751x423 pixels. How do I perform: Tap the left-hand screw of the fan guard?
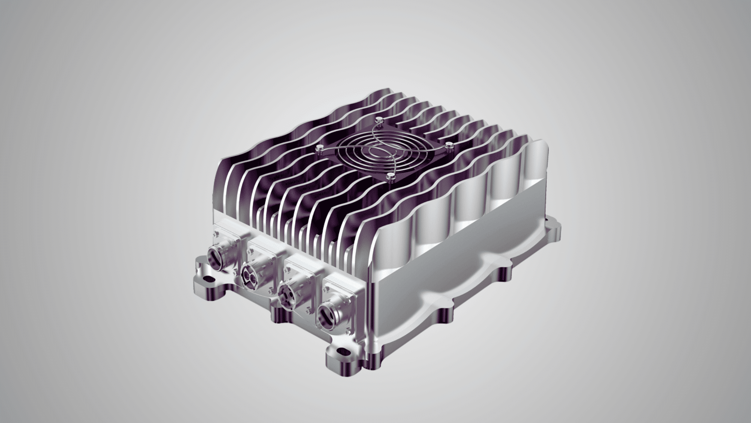(320, 148)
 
